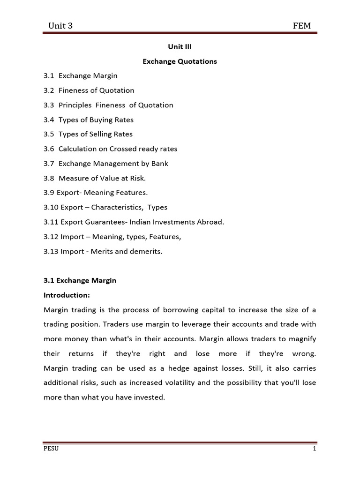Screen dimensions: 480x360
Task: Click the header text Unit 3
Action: (60, 25)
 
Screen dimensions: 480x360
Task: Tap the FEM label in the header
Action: (301, 25)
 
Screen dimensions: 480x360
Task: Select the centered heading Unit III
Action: (180, 47)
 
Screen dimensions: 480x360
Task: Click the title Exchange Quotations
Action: (180, 61)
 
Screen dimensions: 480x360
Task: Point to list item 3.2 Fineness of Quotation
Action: (89, 90)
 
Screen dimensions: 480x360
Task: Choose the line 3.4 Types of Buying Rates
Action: (89, 120)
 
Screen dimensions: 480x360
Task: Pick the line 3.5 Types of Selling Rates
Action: (88, 134)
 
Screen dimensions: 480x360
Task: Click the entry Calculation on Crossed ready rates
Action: (118, 149)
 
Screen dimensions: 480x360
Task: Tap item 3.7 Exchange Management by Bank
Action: (106, 164)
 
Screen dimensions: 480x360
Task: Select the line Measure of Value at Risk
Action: (102, 178)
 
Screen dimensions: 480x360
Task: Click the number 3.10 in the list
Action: (50, 207)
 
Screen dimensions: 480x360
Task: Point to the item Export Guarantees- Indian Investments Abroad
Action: (141, 222)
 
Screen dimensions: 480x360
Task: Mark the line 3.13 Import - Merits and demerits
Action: (103, 251)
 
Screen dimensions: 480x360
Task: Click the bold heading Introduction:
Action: (67, 295)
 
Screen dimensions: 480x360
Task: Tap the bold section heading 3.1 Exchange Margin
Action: (80, 280)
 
